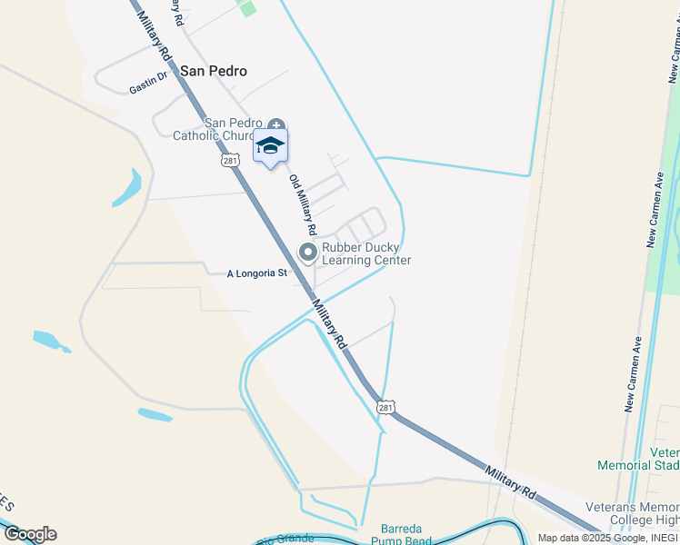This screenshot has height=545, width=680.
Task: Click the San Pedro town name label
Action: tap(214, 70)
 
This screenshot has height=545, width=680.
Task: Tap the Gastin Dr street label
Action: tap(149, 84)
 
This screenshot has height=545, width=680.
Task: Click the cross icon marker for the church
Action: tap(275, 124)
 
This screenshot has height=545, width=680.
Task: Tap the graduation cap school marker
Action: tap(270, 145)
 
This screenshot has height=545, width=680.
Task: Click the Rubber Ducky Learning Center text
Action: tap(366, 253)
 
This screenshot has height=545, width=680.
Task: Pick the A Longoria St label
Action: tap(256, 272)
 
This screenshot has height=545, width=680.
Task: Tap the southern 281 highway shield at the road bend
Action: tap(386, 407)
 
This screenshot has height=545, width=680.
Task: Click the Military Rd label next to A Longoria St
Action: tap(329, 324)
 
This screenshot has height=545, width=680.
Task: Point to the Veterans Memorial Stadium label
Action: tap(638, 459)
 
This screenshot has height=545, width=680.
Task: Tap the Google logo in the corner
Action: tap(29, 534)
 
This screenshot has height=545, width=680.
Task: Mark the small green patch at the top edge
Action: tap(246, 7)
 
